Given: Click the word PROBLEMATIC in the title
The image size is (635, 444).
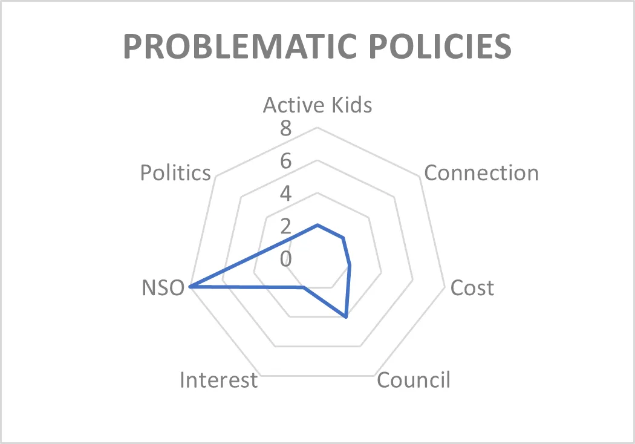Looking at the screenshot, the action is [240, 46].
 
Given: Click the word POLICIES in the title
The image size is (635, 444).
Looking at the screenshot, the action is [440, 46].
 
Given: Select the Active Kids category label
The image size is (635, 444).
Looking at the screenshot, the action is [317, 105].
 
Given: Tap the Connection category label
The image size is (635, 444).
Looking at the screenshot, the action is [481, 173].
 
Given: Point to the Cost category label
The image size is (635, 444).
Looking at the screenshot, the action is [472, 288].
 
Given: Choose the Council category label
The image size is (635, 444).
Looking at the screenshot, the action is [414, 380].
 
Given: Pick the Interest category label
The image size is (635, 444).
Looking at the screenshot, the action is [219, 380].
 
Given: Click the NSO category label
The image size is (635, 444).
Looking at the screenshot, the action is [163, 288].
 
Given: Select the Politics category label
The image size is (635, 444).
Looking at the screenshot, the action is [175, 173].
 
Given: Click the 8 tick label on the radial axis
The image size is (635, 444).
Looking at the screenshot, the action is [285, 128].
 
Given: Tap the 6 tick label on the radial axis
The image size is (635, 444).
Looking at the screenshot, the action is [285, 162].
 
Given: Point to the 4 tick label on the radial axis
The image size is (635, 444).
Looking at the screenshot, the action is [285, 194].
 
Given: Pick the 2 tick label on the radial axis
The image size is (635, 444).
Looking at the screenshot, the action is [285, 226].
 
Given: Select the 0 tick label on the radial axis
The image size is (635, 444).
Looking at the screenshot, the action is [285, 259].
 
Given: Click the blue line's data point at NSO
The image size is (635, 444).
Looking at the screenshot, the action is [191, 286].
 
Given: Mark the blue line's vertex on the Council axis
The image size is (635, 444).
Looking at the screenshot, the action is [346, 317].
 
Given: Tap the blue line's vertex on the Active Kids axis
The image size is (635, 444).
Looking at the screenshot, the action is [317, 225].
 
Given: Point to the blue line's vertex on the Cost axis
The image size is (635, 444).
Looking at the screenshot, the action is [350, 266].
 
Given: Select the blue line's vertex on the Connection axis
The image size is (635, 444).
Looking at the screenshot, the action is [344, 238].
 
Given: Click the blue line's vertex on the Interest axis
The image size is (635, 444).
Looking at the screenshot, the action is [304, 287].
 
